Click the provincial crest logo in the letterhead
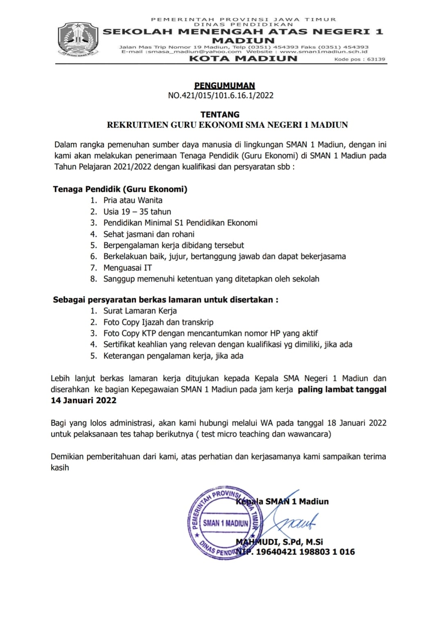click(78, 40)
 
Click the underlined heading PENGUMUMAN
click(224, 86)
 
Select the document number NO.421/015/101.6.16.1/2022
click(221, 96)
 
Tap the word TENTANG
click(220, 115)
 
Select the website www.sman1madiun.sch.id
click(324, 52)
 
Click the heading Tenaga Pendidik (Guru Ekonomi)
click(120, 189)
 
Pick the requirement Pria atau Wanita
click(133, 200)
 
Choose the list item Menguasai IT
click(127, 268)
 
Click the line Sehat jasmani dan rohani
click(149, 234)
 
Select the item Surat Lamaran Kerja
click(140, 311)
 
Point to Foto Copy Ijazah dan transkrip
click(158, 322)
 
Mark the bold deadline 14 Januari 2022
click(83, 401)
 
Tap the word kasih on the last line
click(60, 468)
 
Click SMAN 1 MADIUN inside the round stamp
click(226, 523)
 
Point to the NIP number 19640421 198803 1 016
click(305, 552)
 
